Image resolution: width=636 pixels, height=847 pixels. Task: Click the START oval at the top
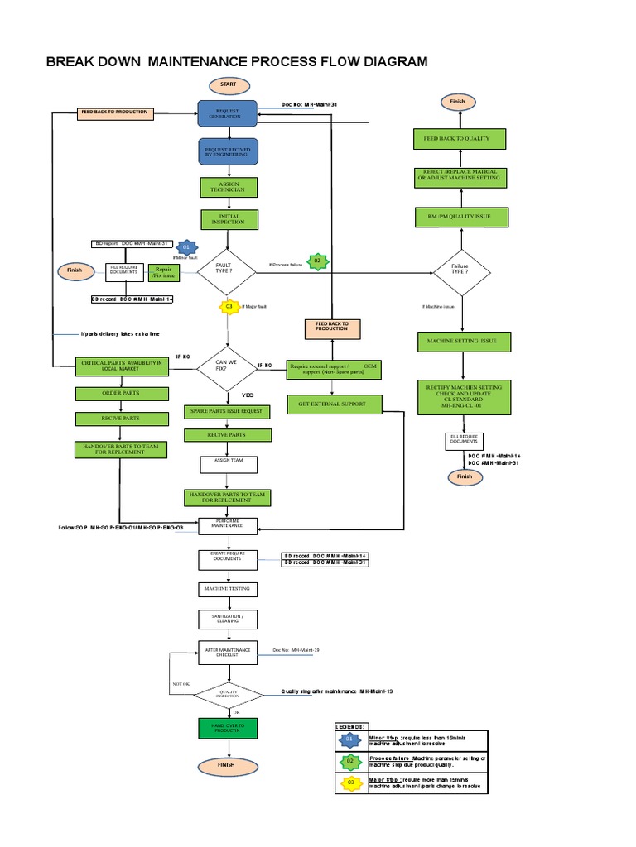(x=228, y=84)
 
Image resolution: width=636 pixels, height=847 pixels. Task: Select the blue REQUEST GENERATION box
(x=228, y=114)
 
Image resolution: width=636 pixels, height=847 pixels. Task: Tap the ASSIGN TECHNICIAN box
(x=228, y=187)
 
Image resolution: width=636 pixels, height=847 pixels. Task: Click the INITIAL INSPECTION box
(x=228, y=219)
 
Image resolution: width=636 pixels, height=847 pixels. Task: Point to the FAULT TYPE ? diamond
(x=224, y=271)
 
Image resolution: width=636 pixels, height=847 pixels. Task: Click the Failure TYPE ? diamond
(x=460, y=271)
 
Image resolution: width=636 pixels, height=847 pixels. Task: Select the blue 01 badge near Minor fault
(x=186, y=247)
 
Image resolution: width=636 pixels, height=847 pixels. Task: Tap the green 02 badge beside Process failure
(x=316, y=262)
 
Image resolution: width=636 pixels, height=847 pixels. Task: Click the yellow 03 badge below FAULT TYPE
(x=229, y=307)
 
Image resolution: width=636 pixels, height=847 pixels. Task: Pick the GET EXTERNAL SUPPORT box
(x=335, y=404)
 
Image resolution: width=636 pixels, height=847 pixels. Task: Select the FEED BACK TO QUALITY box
(x=458, y=139)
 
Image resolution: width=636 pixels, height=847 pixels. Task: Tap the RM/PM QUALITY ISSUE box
(x=460, y=218)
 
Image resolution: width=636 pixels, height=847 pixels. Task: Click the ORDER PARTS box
(x=122, y=393)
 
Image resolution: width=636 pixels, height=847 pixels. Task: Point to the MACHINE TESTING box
(x=228, y=589)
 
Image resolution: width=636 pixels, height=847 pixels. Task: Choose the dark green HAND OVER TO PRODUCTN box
(x=228, y=728)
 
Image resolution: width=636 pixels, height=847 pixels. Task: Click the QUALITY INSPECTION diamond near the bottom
(x=228, y=694)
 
